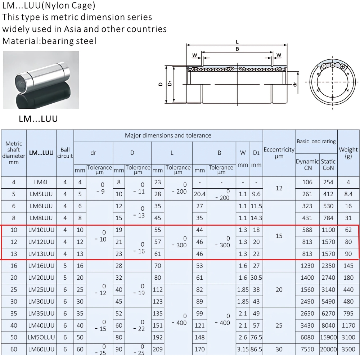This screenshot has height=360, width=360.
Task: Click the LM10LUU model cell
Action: pos(41,230)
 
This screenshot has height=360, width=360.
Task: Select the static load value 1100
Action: pos(328,230)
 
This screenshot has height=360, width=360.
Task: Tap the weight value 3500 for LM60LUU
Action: pos(348,349)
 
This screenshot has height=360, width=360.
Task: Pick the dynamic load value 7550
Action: pos(307,349)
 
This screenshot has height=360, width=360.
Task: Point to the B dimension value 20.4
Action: pos(199,194)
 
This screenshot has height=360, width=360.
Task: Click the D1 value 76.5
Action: pos(256,337)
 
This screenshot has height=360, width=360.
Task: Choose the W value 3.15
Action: pos(243,349)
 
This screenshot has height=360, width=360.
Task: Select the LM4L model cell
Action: pos(41,182)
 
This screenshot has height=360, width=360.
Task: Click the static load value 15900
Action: pos(328,337)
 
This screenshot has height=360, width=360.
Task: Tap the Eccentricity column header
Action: pos(279,153)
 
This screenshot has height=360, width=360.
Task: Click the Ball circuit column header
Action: pos(65,153)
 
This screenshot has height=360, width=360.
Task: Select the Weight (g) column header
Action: pos(348,153)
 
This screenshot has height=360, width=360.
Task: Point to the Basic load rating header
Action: pos(316,141)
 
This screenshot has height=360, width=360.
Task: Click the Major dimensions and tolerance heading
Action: pos(168,135)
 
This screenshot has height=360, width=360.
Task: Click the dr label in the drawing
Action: pos(295,84)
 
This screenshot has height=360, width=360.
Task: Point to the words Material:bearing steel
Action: pos(49,41)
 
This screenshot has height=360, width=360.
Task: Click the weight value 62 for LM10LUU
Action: pos(348,230)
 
